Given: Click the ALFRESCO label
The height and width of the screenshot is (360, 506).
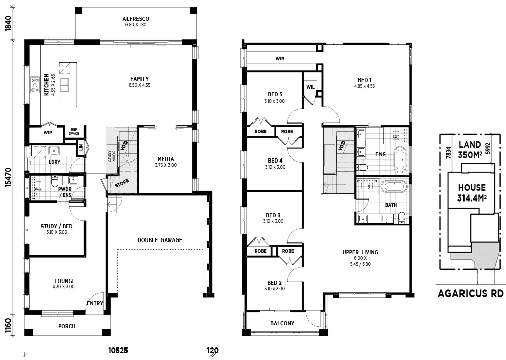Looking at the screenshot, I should tap(136, 19).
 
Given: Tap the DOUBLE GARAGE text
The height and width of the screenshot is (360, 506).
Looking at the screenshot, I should tap(159, 240).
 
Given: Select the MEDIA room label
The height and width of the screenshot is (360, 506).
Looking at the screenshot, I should tap(165, 158).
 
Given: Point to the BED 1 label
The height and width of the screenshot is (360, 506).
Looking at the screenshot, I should tap(364, 80).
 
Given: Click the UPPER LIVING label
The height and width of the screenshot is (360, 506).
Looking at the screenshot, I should tap(360, 252).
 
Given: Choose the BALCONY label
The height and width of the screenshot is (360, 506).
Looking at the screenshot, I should tap(282, 323).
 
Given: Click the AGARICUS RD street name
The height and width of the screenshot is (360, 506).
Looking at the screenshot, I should tap(471, 293).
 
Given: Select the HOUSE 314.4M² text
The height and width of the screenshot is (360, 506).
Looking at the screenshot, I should tap(472, 192).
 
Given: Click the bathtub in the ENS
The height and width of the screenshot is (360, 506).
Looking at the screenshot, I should tap(400, 159).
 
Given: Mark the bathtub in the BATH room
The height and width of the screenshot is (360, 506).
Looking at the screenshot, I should tap(394, 186).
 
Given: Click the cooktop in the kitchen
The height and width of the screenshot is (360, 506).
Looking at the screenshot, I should tap(35, 85).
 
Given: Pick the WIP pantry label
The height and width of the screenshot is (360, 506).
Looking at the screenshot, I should tap(48, 133).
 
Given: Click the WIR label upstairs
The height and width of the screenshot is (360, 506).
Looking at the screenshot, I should tap(280, 59).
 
